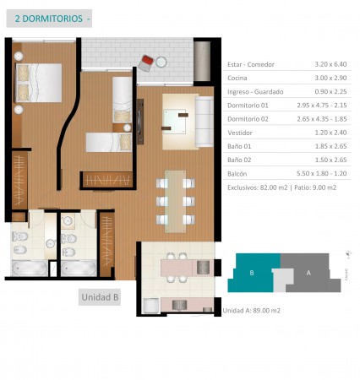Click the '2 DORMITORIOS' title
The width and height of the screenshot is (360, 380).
(x=49, y=19)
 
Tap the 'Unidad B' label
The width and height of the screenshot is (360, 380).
(x=100, y=297)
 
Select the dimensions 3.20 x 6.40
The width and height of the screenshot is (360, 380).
(x=330, y=64)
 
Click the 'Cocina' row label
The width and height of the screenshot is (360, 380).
(x=237, y=78)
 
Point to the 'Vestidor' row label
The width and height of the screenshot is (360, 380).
(x=240, y=133)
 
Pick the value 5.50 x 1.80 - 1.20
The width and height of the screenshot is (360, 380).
(x=322, y=173)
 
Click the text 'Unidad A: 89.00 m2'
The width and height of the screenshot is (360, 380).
(x=251, y=311)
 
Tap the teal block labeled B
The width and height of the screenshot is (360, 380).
(x=252, y=273)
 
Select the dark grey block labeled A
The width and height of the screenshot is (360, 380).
(x=308, y=273)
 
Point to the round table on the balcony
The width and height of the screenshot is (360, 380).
(x=161, y=62)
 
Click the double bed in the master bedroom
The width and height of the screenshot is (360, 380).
(x=38, y=83)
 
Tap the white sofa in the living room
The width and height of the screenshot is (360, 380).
(x=205, y=122)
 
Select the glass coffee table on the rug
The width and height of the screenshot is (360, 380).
(x=175, y=122)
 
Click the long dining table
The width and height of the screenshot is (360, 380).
(x=175, y=202)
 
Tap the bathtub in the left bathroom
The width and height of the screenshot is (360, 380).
(x=30, y=268)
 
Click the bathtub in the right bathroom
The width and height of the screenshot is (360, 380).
(x=79, y=268)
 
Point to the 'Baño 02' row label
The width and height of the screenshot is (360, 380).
(x=239, y=160)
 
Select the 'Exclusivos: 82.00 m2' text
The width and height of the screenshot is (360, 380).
(x=258, y=187)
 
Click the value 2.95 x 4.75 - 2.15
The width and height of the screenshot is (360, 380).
(x=322, y=106)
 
